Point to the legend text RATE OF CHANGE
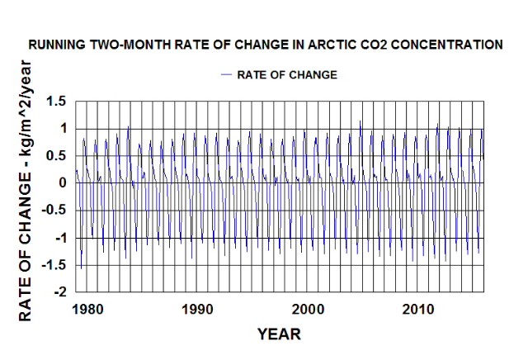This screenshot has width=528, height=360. (x=287, y=74)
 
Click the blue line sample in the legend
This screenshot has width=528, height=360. (x=227, y=74)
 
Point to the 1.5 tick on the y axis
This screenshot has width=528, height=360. (x=56, y=101)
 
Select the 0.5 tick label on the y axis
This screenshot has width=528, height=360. (x=56, y=155)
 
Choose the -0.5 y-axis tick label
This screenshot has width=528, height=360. (x=54, y=210)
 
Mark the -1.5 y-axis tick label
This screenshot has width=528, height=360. (x=54, y=265)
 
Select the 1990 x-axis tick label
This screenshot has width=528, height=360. (x=198, y=309)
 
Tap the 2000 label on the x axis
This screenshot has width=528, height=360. (x=309, y=309)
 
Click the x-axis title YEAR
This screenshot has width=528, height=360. (x=279, y=334)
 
